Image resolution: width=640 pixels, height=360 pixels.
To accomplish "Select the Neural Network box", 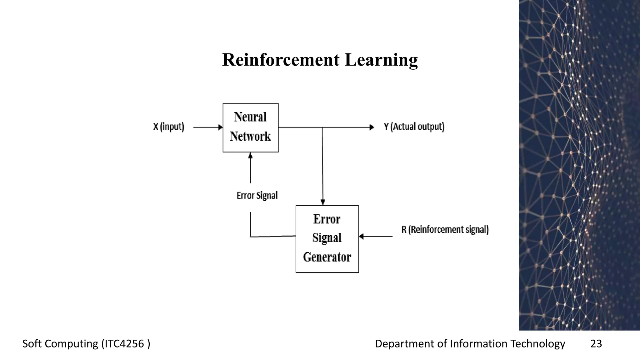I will [x=250, y=127].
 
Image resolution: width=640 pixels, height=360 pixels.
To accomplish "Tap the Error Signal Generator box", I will [x=327, y=239].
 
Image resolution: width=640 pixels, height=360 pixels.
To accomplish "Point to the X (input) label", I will [x=168, y=127].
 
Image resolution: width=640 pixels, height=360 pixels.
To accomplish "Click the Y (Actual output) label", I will [x=414, y=127].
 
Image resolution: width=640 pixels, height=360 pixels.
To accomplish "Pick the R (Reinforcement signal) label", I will [x=445, y=229].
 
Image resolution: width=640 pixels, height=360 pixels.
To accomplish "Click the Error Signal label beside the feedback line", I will [x=257, y=195].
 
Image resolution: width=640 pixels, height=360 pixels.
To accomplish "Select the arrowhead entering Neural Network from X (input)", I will [x=220, y=127].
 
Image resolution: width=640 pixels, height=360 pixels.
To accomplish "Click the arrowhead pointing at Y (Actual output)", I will [x=372, y=127].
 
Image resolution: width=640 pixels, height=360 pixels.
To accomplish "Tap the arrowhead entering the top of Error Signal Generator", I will [x=323, y=202].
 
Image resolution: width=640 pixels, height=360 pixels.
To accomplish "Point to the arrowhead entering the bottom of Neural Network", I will [x=250, y=155].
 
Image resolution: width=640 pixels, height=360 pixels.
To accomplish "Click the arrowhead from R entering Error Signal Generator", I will [x=362, y=236].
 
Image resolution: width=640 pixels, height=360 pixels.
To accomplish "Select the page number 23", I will [x=596, y=343].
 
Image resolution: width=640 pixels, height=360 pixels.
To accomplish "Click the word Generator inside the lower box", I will [x=327, y=257].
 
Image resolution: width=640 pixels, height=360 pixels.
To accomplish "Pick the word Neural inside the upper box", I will [x=250, y=117].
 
